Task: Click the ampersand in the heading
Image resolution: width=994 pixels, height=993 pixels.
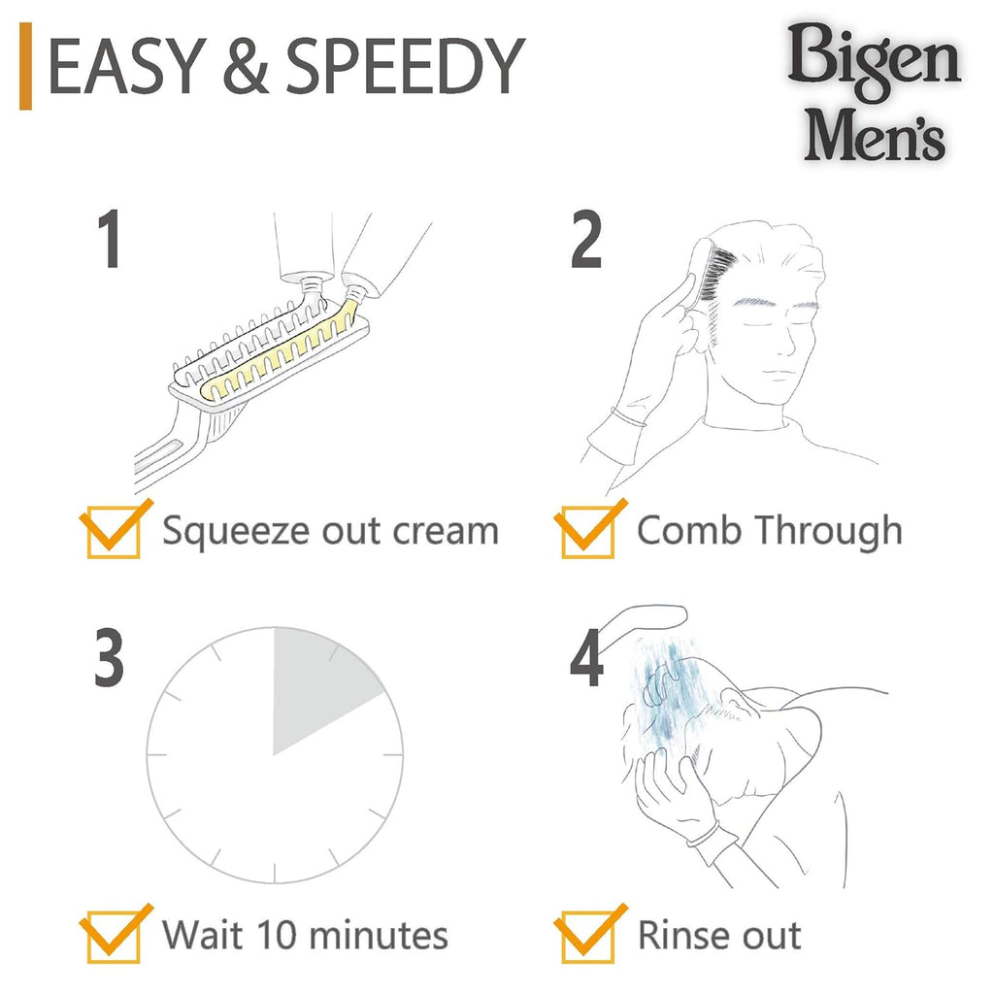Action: (244, 68)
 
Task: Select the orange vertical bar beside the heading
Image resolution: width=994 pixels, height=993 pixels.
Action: (26, 68)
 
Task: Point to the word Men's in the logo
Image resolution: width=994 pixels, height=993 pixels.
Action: (875, 135)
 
